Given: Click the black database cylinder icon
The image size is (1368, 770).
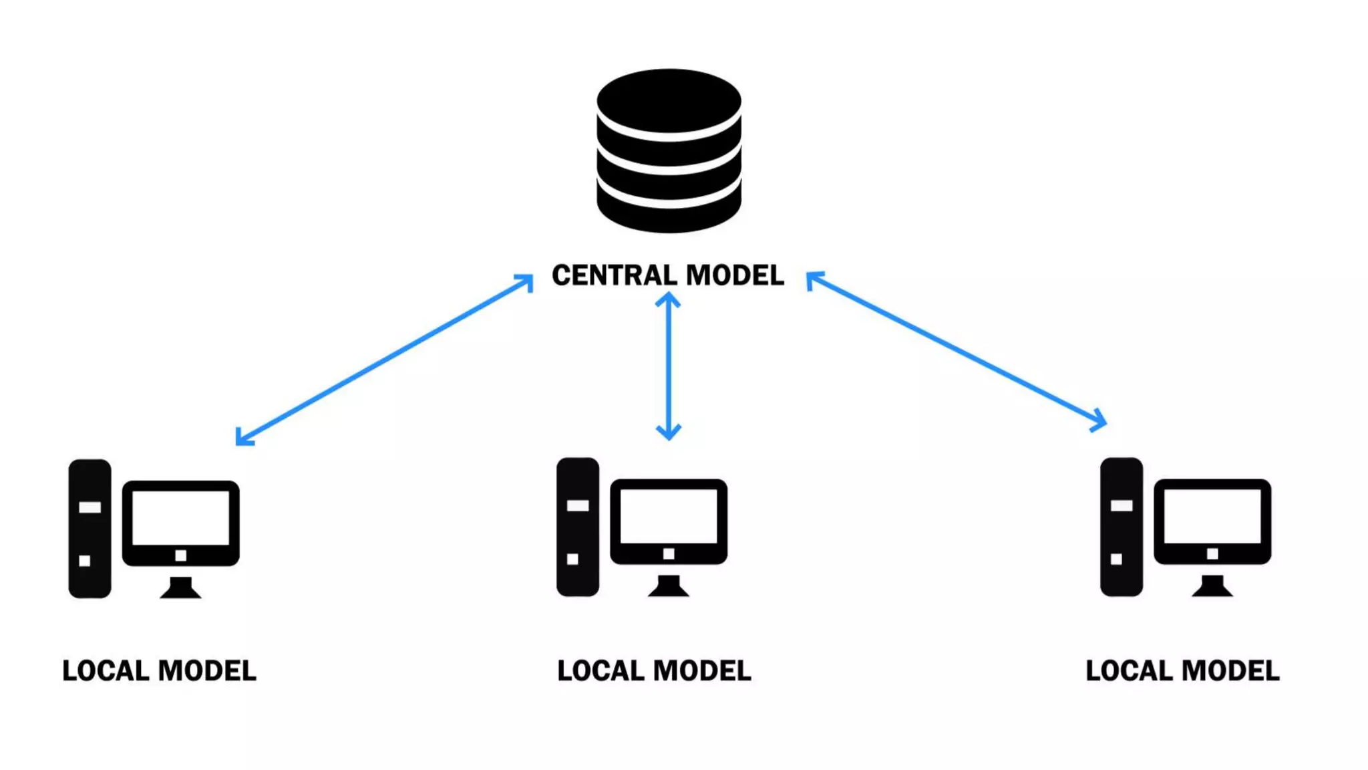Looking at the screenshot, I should [x=669, y=151].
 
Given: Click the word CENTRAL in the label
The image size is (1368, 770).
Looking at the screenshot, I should [x=614, y=275].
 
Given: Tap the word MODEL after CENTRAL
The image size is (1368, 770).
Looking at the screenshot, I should [x=735, y=275].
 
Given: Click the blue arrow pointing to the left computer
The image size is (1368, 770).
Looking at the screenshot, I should [x=384, y=360].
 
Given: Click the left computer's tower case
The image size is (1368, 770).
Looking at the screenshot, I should [x=90, y=528].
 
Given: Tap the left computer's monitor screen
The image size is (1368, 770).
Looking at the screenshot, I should [x=180, y=517].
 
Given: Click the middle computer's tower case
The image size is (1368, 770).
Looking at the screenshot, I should [x=578, y=527].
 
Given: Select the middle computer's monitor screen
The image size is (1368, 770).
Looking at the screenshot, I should [x=669, y=515].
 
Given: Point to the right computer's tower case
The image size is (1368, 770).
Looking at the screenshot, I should [x=1122, y=527].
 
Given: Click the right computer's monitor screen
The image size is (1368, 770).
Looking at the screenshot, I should [x=1212, y=515].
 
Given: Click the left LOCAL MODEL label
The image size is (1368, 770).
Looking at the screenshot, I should [x=159, y=670].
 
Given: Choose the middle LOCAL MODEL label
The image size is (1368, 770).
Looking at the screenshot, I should [x=654, y=670].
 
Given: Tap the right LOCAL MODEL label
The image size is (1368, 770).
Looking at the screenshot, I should [x=1182, y=670].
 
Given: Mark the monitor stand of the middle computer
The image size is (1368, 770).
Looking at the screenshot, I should [x=669, y=586].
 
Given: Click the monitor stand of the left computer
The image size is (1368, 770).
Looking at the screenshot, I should [x=180, y=588].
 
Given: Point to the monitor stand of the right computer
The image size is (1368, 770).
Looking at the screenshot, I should [x=1212, y=586].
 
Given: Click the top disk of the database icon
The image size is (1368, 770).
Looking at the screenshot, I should [x=669, y=100].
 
